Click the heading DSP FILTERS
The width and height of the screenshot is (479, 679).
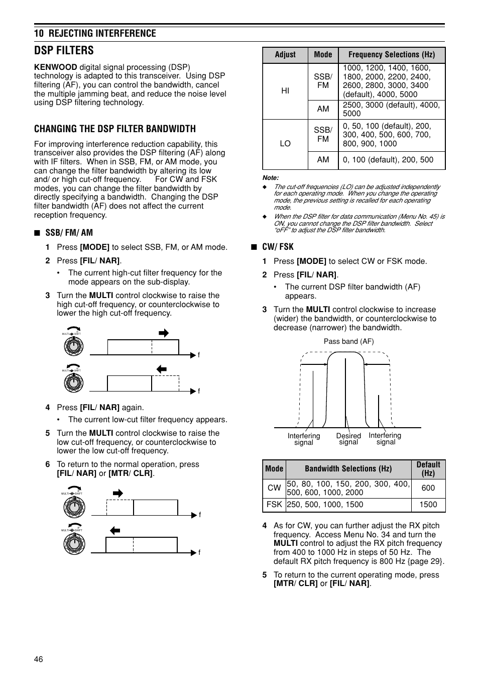pyautogui.click(x=64, y=50)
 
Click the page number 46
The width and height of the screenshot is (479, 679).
pyautogui.click(x=39, y=659)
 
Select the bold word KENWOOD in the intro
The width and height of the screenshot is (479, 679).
pyautogui.click(x=55, y=67)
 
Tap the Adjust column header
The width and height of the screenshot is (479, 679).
pyautogui.click(x=285, y=55)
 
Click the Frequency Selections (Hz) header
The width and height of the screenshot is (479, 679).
pyautogui.click(x=391, y=55)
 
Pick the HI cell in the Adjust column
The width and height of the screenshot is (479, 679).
pyautogui.click(x=285, y=91)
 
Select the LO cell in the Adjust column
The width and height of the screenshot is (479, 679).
pyautogui.click(x=285, y=144)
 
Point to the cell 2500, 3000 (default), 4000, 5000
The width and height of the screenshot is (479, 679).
pyautogui.click(x=391, y=109)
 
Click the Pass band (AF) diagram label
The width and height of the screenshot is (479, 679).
pyautogui.click(x=348, y=341)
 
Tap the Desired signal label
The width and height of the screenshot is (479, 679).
pyautogui.click(x=348, y=439)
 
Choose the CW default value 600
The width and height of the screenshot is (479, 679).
pyautogui.click(x=428, y=488)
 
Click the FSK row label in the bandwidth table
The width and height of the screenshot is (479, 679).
pyautogui.click(x=274, y=505)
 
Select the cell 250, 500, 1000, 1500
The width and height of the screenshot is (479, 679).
pyautogui.click(x=325, y=505)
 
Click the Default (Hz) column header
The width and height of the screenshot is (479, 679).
pyautogui.click(x=428, y=468)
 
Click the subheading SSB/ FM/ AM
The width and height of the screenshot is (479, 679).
pyautogui.click(x=69, y=233)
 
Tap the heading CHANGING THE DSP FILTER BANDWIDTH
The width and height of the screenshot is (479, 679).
pyautogui.click(x=115, y=129)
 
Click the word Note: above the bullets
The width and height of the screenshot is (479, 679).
pyautogui.click(x=271, y=178)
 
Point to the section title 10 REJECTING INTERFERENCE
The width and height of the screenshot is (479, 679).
pyautogui.click(x=95, y=33)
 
